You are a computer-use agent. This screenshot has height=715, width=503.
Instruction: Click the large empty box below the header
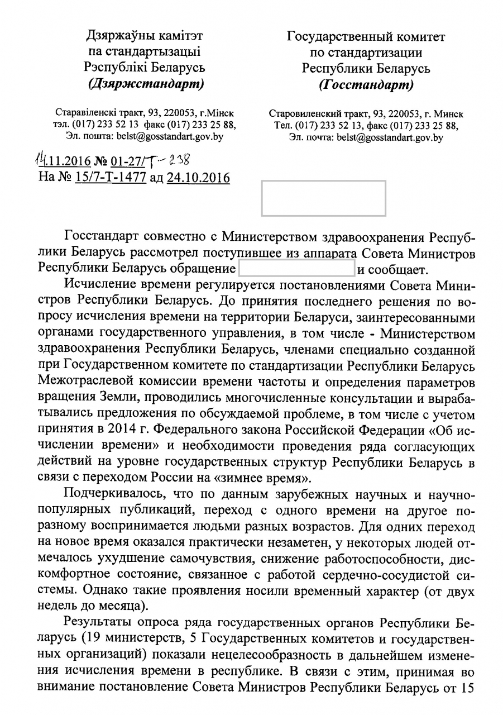[x=324, y=198]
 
